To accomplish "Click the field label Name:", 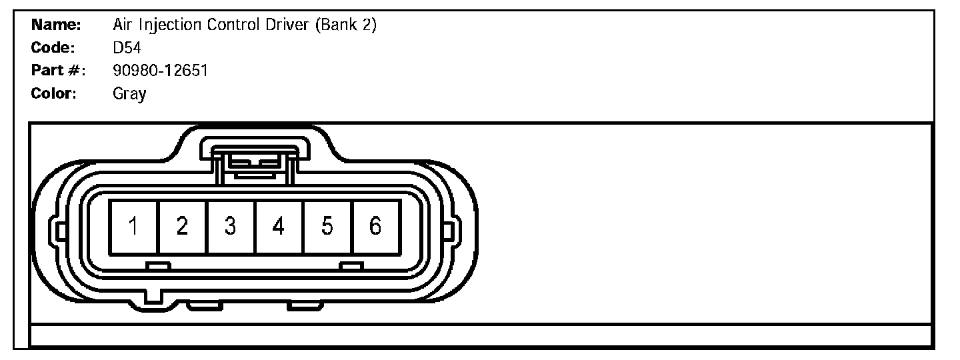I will click(x=57, y=25).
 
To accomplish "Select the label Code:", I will click(x=53, y=48).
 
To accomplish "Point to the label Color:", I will click(x=55, y=93).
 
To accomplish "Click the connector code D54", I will click(x=127, y=48).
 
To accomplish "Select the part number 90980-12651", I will click(x=161, y=70).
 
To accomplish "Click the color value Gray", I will click(x=130, y=94).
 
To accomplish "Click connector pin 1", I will click(x=134, y=227).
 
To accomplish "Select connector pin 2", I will click(x=182, y=227).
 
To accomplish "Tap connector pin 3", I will click(x=230, y=227).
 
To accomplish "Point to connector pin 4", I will click(x=279, y=227).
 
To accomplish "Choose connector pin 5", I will click(x=327, y=227).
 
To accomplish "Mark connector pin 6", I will click(x=375, y=227).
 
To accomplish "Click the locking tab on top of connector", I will click(x=255, y=161).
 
